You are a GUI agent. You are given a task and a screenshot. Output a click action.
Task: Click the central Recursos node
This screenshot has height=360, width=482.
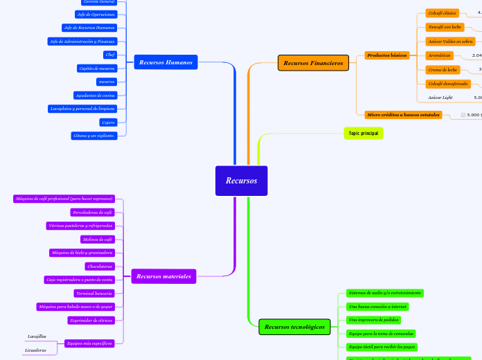click(241, 181)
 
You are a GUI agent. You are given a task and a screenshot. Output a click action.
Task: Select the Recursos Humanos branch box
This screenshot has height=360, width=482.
click(166, 62)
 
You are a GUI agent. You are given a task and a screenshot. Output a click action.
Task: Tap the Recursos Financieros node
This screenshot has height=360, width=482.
click(313, 63)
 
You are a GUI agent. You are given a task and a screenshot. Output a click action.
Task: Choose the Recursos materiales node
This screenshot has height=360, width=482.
click(163, 276)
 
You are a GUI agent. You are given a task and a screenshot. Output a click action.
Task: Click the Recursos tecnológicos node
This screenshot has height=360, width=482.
click(294, 326)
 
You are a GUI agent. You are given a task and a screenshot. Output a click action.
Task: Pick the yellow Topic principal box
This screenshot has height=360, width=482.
click(363, 133)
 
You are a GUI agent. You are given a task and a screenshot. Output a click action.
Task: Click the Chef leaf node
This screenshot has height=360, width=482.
click(110, 54)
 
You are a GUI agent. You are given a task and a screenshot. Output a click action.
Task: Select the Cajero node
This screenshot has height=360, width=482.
click(107, 122)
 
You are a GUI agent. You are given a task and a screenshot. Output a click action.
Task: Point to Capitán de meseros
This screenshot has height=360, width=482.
click(97, 68)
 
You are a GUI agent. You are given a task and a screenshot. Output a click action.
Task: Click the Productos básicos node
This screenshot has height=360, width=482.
click(386, 55)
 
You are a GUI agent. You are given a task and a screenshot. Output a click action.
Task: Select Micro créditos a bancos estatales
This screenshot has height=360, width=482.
click(403, 114)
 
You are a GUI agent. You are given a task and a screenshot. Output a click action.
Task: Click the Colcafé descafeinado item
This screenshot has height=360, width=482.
click(447, 84)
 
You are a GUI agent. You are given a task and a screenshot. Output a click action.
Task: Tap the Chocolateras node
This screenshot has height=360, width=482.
click(99, 266)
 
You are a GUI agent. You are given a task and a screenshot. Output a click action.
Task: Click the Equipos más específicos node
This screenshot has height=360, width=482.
click(89, 343)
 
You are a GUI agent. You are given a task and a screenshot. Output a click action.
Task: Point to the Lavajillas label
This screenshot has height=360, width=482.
click(37, 336)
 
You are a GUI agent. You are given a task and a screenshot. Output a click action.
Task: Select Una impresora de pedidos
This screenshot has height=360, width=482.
click(374, 320)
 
